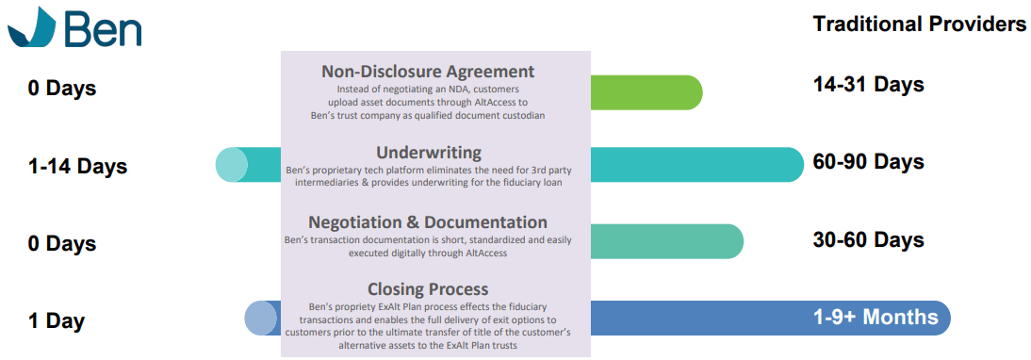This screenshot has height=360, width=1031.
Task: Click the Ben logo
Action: pyautogui.click(x=74, y=27)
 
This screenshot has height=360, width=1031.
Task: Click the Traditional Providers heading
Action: pyautogui.click(x=919, y=25)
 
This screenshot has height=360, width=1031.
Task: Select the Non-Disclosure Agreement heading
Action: pyautogui.click(x=428, y=71)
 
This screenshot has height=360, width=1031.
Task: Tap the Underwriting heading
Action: pyautogui.click(x=429, y=153)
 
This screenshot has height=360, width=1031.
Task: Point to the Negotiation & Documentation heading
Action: pyautogui.click(x=428, y=221)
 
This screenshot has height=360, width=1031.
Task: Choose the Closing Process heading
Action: pyautogui.click(x=428, y=289)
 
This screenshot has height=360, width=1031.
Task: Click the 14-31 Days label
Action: pyautogui.click(x=869, y=85)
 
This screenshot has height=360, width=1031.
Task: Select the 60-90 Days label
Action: pyautogui.click(x=869, y=161)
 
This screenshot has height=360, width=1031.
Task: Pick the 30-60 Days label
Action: pyautogui.click(x=869, y=239)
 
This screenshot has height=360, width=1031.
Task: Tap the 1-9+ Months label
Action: pyautogui.click(x=876, y=318)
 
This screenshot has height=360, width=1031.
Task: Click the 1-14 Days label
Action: pyautogui.click(x=77, y=166)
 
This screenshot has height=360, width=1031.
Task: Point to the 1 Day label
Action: pyautogui.click(x=56, y=321)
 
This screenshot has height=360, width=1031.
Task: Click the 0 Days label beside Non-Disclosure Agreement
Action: pyautogui.click(x=62, y=88)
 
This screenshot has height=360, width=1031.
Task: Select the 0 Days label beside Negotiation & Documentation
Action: pyautogui.click(x=62, y=244)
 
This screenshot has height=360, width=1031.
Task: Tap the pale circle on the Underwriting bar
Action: pyautogui.click(x=232, y=165)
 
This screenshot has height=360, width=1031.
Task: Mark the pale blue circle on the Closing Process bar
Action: pyautogui.click(x=260, y=318)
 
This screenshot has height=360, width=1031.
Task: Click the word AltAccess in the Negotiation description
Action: pyautogui.click(x=484, y=253)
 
